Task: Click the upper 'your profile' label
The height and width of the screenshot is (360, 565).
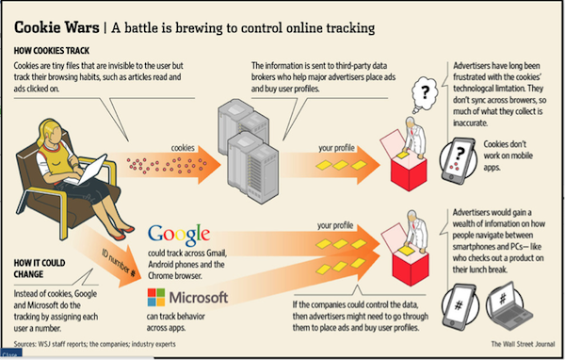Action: [x=335, y=148]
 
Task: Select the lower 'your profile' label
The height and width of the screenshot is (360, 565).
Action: [x=335, y=226]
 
